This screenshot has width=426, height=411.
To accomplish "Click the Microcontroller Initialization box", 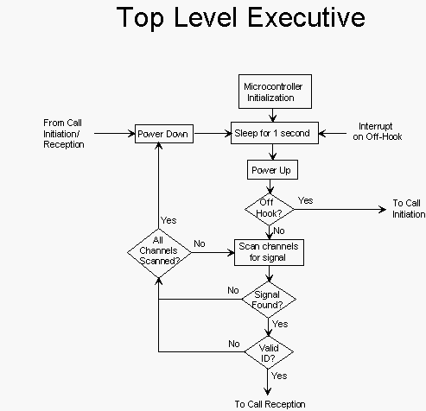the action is (275, 92).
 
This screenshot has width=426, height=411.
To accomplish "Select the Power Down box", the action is (164, 134).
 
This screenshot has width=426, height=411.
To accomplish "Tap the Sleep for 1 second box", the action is (275, 133).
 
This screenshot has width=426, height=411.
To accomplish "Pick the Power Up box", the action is (272, 170).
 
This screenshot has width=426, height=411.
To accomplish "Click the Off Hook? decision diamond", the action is (270, 209).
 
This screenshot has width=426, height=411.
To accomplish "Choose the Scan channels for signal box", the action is (269, 252).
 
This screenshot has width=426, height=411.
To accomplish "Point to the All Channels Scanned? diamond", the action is (159, 253).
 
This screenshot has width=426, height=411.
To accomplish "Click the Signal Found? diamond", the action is (269, 300).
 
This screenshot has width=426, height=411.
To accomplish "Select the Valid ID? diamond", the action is (269, 352).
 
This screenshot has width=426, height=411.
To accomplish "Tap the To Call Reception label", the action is (270, 404).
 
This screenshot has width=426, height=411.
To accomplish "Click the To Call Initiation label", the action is (409, 209).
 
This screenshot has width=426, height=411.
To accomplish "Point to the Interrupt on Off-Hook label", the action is (378, 131).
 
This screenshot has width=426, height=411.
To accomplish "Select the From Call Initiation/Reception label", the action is (64, 134).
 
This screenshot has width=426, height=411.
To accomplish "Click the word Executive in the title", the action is (307, 17).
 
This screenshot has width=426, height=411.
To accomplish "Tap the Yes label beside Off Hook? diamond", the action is (305, 200).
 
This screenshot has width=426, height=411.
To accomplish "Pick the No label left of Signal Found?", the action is (233, 290).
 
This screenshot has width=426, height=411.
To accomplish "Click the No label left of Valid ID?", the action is (234, 344).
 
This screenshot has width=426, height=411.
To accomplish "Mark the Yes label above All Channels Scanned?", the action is (168, 220).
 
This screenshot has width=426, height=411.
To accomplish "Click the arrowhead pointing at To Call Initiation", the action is (383, 209).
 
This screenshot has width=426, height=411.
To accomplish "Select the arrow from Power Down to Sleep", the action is (213, 133).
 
